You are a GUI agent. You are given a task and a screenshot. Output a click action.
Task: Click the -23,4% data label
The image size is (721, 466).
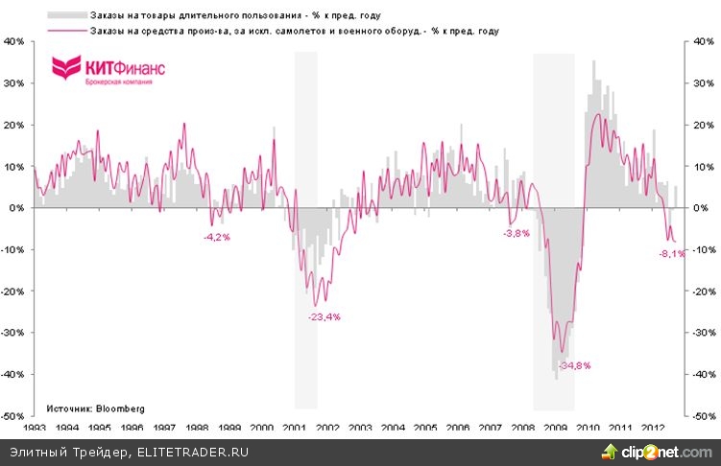pyautogui.click(x=324, y=316)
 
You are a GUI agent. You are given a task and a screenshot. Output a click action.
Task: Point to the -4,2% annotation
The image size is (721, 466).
pyautogui.click(x=217, y=236)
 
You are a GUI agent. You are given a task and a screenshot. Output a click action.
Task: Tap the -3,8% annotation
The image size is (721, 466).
pyautogui.click(x=517, y=233)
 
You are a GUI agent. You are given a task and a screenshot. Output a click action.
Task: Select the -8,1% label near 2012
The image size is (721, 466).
pyautogui.click(x=672, y=254)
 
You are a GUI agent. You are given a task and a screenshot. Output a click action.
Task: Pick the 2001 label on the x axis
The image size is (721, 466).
pyautogui.click(x=294, y=428)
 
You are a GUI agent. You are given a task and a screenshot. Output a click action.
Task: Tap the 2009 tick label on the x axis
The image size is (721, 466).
pyautogui.click(x=555, y=428)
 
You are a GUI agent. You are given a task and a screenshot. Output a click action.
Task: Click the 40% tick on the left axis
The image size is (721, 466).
pyautogui.click(x=16, y=41)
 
